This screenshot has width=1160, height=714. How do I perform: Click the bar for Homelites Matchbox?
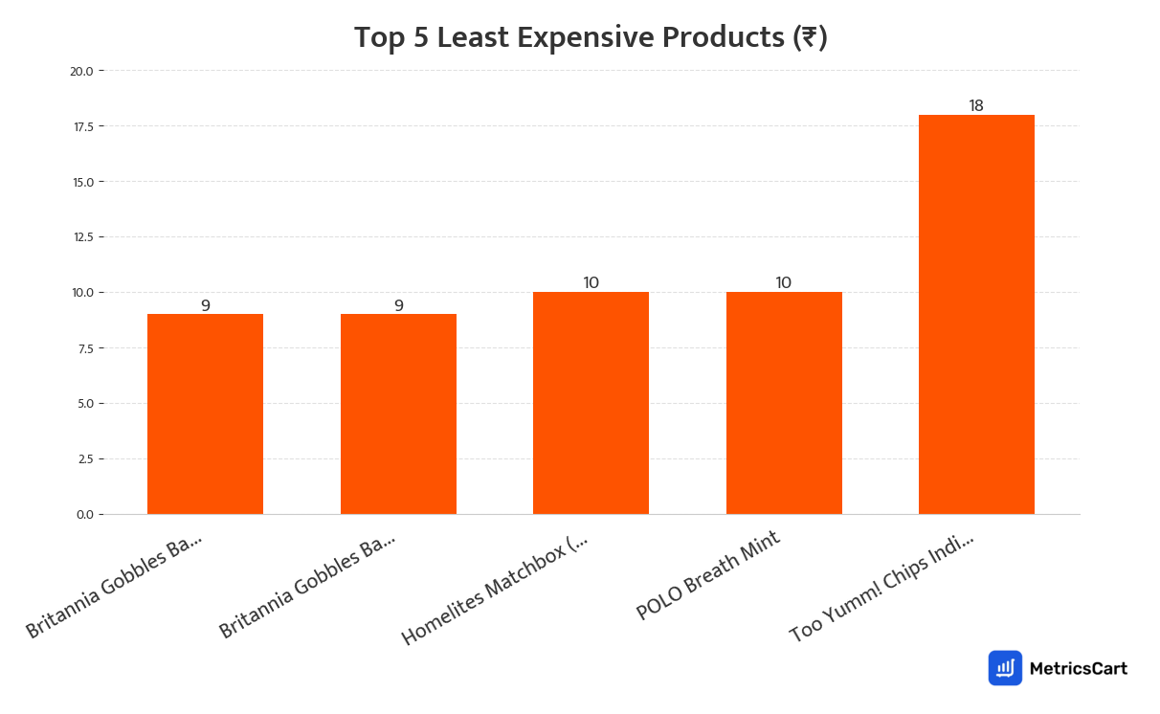tap(591, 402)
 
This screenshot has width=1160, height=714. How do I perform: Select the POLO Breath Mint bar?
tap(784, 402)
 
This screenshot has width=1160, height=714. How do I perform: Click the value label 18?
tap(976, 105)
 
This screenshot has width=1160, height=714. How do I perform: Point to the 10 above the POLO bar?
tap(784, 282)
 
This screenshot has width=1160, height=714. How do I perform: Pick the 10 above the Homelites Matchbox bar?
tap(591, 282)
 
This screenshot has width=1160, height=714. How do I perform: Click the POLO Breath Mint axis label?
tap(708, 574)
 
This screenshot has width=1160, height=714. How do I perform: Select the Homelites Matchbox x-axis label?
tap(495, 590)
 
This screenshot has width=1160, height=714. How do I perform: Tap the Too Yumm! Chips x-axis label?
tap(881, 588)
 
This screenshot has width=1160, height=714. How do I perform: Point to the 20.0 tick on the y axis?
tap(81, 71)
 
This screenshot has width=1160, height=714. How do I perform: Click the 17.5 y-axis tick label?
tap(81, 126)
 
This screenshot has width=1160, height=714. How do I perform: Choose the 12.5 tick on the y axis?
tap(81, 237)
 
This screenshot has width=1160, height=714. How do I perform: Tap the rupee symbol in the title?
tap(810, 37)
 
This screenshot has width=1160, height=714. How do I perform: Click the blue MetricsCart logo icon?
tap(1005, 668)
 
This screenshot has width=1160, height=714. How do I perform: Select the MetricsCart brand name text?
tap(1079, 668)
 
